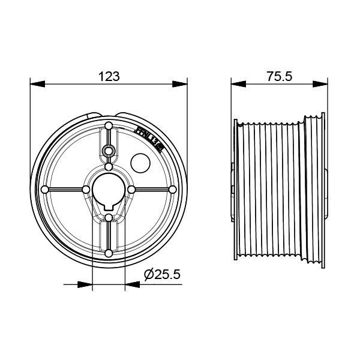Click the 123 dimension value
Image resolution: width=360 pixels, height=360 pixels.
pos(108,76)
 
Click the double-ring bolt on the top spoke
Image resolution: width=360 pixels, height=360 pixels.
pos(108,149)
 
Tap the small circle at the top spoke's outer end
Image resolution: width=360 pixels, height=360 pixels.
pos(108,125)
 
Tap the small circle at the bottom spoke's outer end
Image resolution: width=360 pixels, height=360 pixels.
pos(108,253)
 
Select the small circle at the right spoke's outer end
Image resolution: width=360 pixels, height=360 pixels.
pos(172,189)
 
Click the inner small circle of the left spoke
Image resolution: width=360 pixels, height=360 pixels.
pos(85,189)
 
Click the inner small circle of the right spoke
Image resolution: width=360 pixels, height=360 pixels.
pos(131,189)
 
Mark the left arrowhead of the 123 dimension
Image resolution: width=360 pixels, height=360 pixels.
pos(34,83)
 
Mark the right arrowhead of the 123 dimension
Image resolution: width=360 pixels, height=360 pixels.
pos(182,83)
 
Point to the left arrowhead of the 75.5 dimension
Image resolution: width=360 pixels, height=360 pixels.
pos(236,83)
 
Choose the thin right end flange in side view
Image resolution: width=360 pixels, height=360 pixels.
pos(326,189)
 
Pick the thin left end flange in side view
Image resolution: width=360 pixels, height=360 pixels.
pos(233,189)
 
